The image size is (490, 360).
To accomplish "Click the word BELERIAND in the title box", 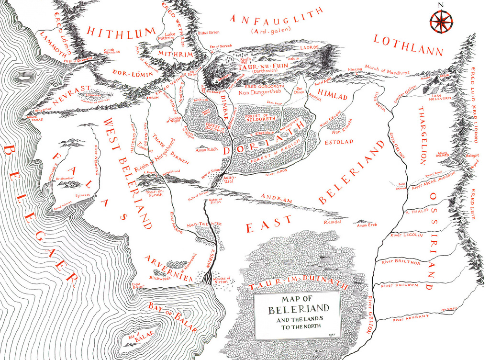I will [x=298, y=309].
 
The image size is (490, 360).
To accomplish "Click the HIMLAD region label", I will [x=333, y=96].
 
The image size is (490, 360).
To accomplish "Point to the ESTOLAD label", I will [x=338, y=142].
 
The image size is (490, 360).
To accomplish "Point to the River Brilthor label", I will [x=401, y=263].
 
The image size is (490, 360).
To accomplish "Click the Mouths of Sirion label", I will [x=221, y=281].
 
